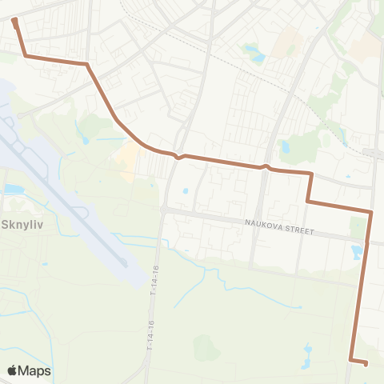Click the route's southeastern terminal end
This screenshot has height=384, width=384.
366,364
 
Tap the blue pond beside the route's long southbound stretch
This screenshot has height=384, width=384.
356,254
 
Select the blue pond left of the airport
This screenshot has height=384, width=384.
14,190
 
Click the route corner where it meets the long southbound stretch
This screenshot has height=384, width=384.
371,212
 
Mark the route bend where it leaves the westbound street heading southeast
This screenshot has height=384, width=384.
86,63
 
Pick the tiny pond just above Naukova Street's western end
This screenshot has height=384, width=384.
185,191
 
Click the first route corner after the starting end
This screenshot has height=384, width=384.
26,56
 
